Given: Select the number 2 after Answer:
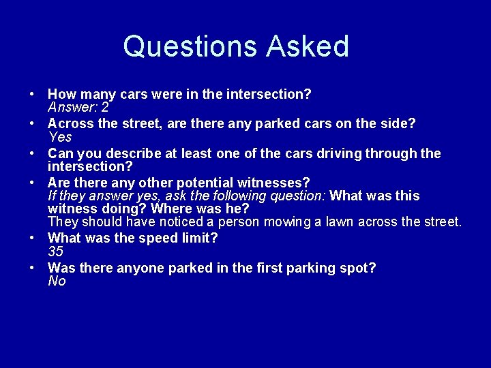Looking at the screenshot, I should tap(105, 108).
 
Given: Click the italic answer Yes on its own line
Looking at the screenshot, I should tap(60, 137).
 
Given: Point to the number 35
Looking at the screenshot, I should tap(56, 251).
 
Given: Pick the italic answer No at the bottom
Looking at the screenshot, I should tap(57, 281).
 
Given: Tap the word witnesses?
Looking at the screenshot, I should tap(276, 183).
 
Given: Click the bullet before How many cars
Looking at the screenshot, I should tap(33, 94).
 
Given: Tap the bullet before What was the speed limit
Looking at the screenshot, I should tap(33, 239).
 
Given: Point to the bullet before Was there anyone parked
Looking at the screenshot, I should tap(33, 268).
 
